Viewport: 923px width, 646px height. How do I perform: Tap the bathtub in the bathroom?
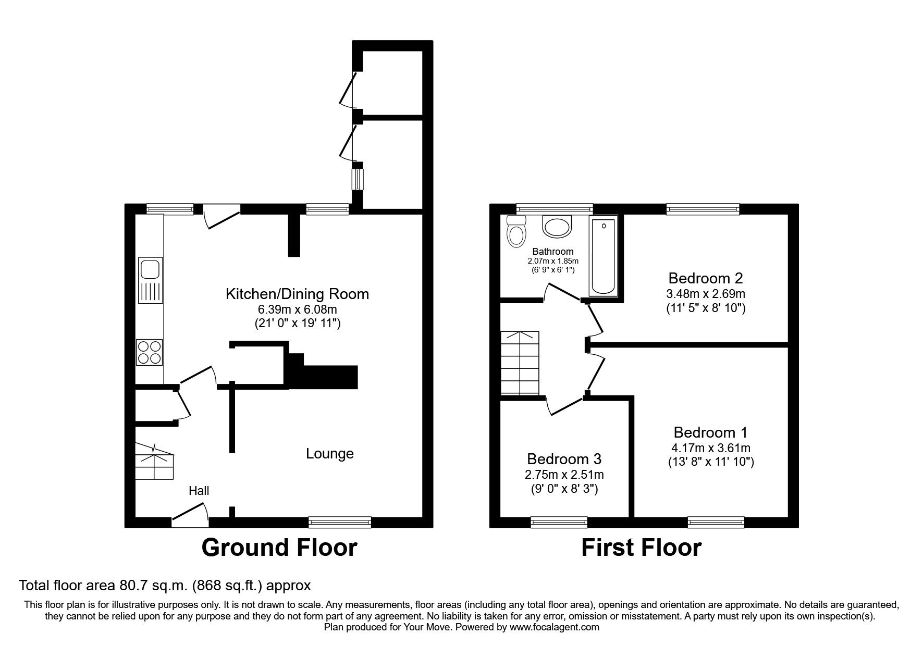pos(604,256)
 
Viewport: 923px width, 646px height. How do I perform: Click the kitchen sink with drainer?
pos(151,280)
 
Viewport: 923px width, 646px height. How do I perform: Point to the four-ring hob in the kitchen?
pos(150,352)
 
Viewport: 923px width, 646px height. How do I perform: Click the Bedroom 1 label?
pos(710,432)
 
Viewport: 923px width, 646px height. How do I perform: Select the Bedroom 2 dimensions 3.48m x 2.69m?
pos(706,293)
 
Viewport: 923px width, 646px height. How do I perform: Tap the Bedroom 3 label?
pos(564,459)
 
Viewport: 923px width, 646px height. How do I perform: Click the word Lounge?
pos(329,454)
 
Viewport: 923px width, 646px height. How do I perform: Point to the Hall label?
pos(199,491)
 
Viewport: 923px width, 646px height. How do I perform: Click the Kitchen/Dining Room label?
pos(297,294)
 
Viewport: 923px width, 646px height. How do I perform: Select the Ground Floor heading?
pos(279,548)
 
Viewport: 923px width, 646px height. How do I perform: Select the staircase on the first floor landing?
pos(519,363)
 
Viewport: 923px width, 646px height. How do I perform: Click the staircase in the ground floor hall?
pos(155,462)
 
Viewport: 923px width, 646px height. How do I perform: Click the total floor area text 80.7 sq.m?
pos(165,586)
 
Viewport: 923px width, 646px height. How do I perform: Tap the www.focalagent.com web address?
pos(554,627)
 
